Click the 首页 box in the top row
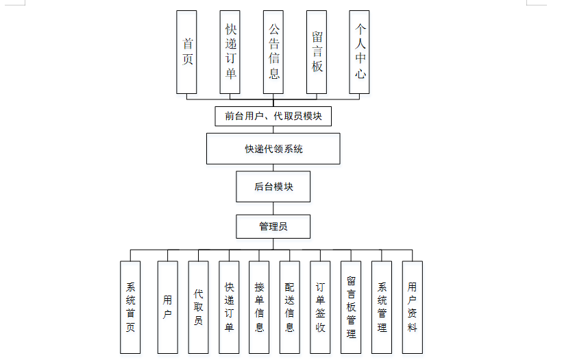coord(186,52)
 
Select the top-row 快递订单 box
coord(230,52)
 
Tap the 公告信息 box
coord(273,52)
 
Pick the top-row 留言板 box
coord(317,52)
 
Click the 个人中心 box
coord(359,52)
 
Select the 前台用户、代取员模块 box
coord(273,117)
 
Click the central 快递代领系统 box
coord(273,149)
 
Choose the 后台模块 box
coord(273,187)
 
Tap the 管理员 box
coord(273,226)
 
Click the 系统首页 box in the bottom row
coord(130,307)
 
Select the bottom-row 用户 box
coord(168,307)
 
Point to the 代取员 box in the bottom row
coord(198,307)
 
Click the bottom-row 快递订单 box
coord(229,307)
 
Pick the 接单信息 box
coord(259,307)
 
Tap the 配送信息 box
coord(290,307)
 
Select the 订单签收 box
coord(320,307)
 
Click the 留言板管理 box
coord(351,307)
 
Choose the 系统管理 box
coord(382,307)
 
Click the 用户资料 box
coord(413,307)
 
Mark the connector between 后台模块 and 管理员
coord(273,208)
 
